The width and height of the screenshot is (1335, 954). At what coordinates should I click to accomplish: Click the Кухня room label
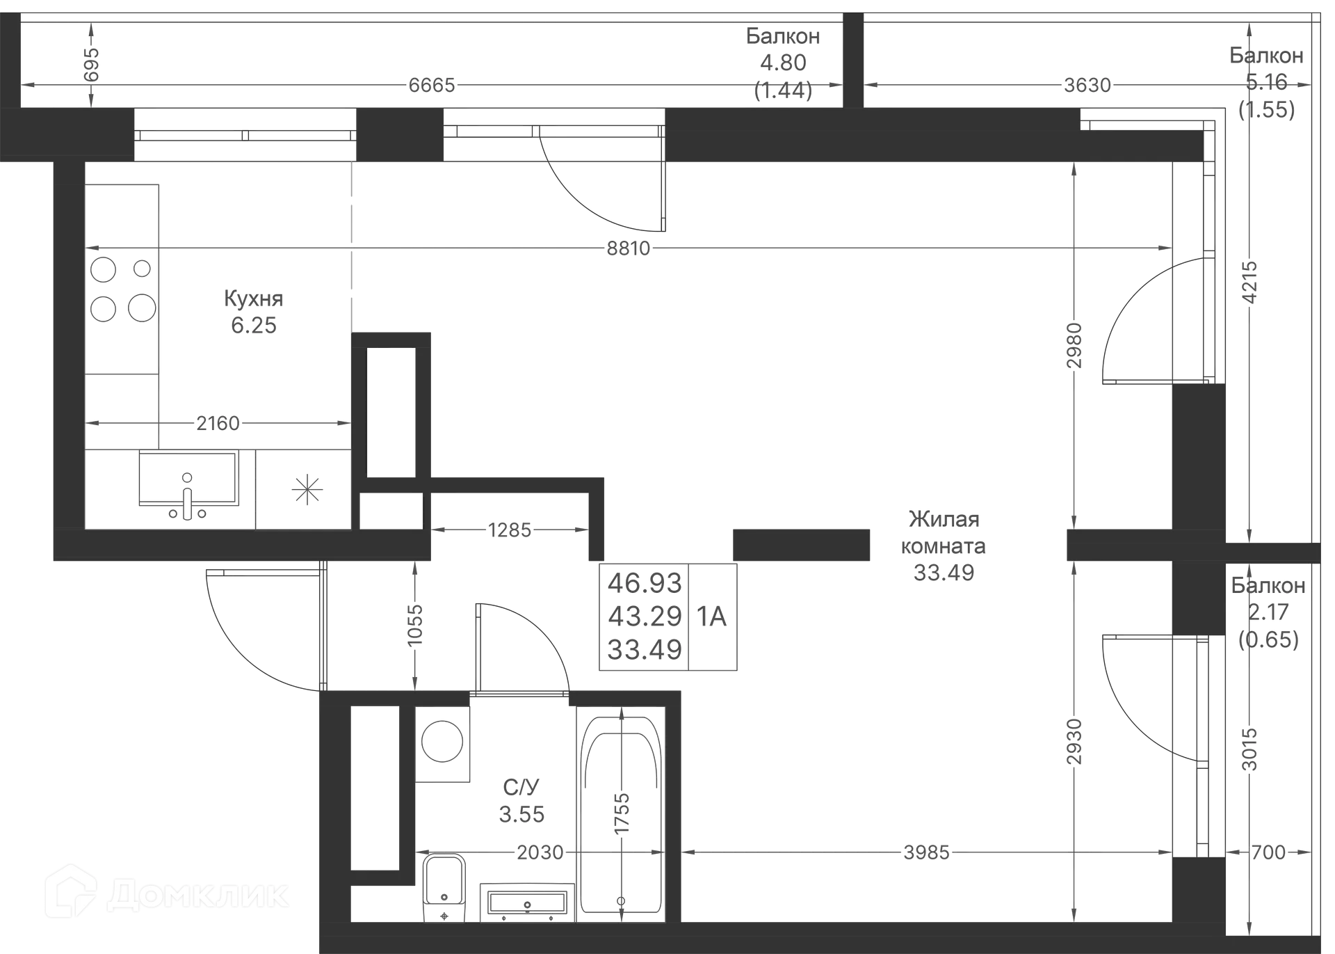pyautogui.click(x=253, y=299)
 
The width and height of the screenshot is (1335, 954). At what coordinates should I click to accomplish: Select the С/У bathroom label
pyautogui.click(x=521, y=787)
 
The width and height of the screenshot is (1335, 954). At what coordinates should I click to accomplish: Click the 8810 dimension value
pyautogui.click(x=628, y=248)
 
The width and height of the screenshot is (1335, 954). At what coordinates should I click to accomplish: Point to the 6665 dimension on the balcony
pyautogui.click(x=431, y=85)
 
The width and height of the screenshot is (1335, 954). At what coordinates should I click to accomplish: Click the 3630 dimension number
pyautogui.click(x=1087, y=85)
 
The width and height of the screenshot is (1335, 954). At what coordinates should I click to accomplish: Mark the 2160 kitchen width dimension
pyautogui.click(x=217, y=423)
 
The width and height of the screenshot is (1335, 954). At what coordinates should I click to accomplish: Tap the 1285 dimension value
pyautogui.click(x=510, y=530)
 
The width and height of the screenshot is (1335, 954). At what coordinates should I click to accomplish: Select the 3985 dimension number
pyautogui.click(x=925, y=852)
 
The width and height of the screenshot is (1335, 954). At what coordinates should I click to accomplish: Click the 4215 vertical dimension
pyautogui.click(x=1250, y=282)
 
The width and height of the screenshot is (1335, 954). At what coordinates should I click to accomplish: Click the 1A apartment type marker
pyautogui.click(x=712, y=617)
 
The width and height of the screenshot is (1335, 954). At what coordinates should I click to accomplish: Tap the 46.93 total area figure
pyautogui.click(x=645, y=582)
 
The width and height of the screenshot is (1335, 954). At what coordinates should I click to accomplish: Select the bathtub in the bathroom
pyautogui.click(x=620, y=811)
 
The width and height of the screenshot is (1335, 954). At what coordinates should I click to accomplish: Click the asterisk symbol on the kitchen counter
pyautogui.click(x=308, y=489)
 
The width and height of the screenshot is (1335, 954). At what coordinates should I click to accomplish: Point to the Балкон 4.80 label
pyautogui.click(x=784, y=49)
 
